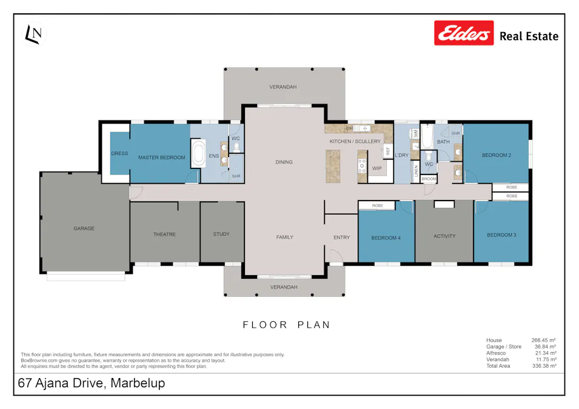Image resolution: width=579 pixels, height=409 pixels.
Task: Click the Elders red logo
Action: pos(464,33)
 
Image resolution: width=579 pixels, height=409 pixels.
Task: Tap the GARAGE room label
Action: pos(84,228)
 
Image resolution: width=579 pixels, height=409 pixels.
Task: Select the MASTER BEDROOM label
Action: pos(161,158)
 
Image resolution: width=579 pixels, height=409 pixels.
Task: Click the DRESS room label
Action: pos(119,153)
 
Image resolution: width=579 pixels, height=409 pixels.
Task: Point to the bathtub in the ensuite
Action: pos(198,154)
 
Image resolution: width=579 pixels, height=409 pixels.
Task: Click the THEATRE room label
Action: pos(164,234)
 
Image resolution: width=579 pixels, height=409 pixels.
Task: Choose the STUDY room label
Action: pos(221,234)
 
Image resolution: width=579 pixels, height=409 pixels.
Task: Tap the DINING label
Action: pos(284,162)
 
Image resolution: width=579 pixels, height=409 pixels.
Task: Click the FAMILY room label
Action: pos(284,237)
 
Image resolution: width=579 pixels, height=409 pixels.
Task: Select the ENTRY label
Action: pos(341,238)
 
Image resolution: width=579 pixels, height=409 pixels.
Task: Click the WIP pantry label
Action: pos(377,168)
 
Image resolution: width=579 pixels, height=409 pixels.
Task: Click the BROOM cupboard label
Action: pos(429,179)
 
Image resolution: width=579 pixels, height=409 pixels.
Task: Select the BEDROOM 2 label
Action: pos(496,155)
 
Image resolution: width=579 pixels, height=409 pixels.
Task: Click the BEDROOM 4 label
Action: pos(386,238)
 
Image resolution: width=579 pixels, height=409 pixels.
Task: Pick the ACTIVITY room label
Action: pos(444,236)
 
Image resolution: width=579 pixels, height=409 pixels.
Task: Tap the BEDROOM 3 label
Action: pos(501,234)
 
